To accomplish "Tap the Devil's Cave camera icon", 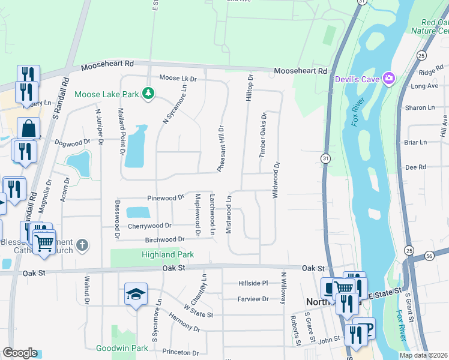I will pos(390,78).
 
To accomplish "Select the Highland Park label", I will pos(167,254).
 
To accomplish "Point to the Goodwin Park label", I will pos(122,348).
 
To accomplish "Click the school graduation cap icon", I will pos(136,294).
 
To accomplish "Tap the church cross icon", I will pos(82,245).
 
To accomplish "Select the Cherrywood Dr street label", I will pos(149,226).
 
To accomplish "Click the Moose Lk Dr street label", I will pos(178,79).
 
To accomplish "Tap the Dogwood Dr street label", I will pos(71,142).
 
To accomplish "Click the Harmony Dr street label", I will pos(184,323).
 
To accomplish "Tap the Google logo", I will pos(20,353).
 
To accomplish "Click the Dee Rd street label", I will pos(415,167).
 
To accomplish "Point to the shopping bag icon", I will pos(28,128).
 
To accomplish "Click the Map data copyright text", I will pos(423,355).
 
